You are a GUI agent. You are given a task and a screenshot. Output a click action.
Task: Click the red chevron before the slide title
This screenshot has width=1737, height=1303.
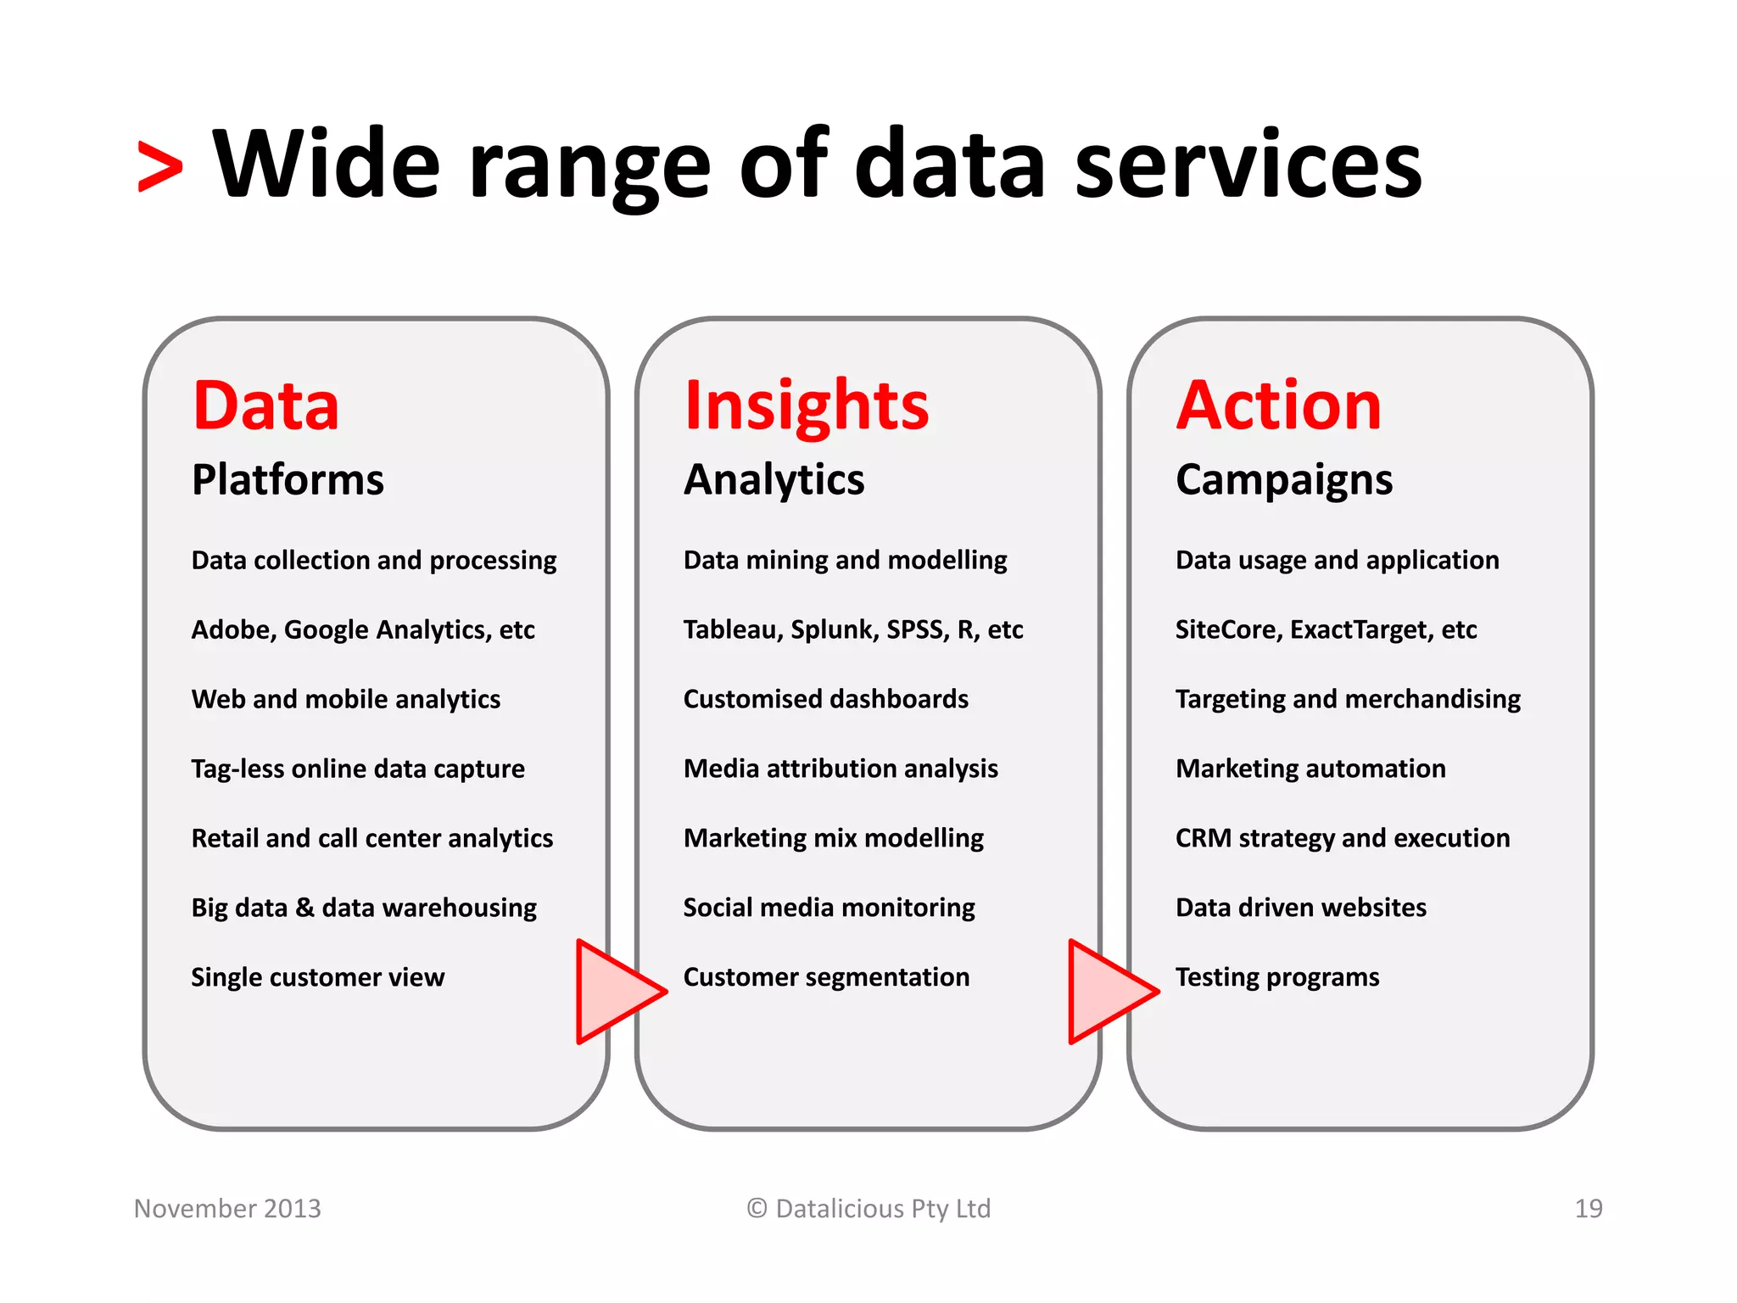pos(160,167)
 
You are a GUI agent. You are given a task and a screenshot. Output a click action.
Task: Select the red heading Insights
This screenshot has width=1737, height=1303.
pos(806,407)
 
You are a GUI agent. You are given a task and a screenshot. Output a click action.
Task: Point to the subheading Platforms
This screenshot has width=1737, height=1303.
pos(288,479)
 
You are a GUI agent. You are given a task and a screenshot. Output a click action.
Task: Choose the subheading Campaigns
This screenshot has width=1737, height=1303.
pos(1283,481)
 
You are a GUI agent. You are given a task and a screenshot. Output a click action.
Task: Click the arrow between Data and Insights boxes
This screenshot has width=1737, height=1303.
pos(617,991)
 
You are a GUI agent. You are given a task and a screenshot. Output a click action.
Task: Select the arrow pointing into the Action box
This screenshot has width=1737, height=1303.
pos(1109,991)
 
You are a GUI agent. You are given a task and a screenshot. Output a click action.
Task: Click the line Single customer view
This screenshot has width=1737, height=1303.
pos(317,977)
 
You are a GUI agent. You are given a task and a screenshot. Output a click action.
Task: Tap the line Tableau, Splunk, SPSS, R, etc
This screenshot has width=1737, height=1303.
pos(852,629)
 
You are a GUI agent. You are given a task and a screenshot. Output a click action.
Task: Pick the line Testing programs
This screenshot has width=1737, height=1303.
pos(1276,977)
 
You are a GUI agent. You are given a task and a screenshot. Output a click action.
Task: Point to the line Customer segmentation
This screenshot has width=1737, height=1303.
pos(825,977)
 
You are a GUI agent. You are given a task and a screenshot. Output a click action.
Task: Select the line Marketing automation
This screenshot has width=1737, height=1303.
pos(1310,769)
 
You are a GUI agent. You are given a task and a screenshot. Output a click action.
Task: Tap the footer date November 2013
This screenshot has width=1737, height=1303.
pos(227,1208)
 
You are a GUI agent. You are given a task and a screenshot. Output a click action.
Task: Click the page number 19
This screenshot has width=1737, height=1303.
pos(1588,1208)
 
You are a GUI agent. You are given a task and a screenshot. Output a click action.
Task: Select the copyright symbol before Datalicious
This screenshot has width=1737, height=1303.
pos(757,1208)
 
